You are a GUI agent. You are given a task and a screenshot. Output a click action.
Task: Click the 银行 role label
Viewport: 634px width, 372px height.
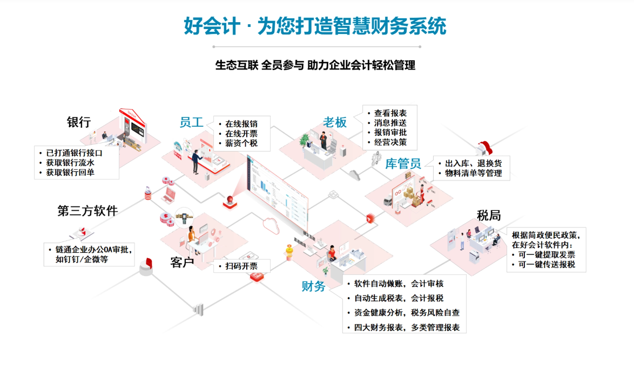(79, 122)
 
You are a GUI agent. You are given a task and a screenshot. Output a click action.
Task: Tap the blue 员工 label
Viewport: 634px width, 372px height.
(191, 122)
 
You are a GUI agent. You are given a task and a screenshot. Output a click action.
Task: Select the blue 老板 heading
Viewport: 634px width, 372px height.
(335, 122)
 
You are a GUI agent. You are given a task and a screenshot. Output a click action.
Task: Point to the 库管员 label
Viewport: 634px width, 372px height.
(403, 163)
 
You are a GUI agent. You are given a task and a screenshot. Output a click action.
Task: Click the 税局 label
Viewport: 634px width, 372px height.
(489, 216)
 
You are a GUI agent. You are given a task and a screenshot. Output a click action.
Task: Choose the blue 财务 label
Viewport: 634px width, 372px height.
(313, 286)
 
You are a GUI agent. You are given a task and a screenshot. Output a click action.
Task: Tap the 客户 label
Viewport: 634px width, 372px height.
(183, 263)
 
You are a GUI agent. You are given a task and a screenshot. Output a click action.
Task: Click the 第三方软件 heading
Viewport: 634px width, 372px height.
(87, 211)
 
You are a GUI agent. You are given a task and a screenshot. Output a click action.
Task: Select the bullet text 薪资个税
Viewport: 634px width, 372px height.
(241, 143)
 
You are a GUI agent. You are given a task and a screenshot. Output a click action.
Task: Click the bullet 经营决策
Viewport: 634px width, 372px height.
(390, 142)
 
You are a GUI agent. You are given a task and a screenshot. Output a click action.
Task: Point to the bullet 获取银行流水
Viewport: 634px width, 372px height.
(70, 163)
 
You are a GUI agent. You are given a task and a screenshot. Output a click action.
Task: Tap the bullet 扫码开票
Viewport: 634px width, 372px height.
(241, 266)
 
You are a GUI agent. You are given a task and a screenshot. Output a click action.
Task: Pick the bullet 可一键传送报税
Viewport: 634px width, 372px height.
(547, 265)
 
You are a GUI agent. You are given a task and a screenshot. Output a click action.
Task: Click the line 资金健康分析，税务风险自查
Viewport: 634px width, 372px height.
(407, 313)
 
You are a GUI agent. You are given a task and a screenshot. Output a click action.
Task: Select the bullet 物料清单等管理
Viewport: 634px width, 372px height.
(474, 173)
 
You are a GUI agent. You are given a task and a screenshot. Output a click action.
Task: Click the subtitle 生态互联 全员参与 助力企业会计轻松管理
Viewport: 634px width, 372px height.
(315, 65)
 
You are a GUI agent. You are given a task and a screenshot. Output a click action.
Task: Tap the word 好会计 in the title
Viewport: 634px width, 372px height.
(212, 26)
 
